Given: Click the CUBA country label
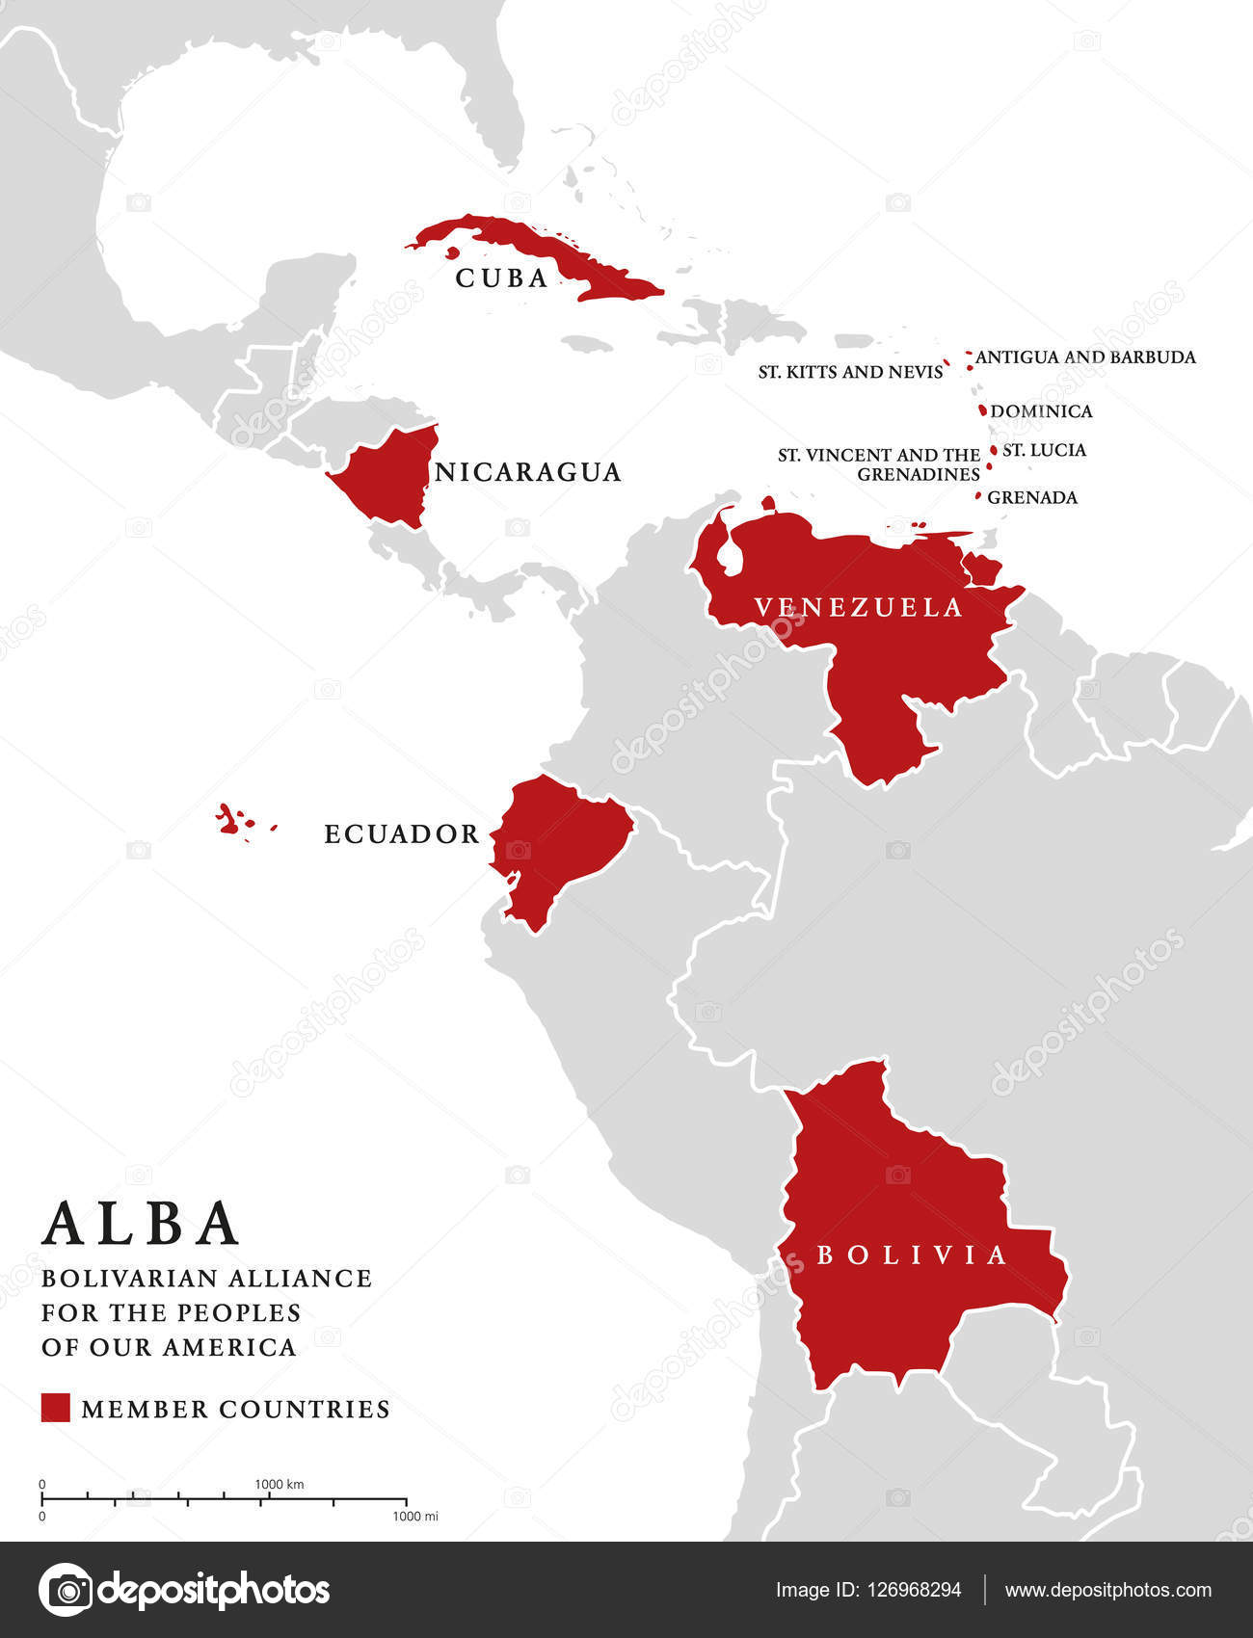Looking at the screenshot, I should pyautogui.click(x=502, y=278).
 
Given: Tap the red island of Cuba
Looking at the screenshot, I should pyautogui.click(x=540, y=249).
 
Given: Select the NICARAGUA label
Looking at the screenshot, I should pyautogui.click(x=528, y=472).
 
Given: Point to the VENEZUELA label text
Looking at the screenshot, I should pyautogui.click(x=858, y=607).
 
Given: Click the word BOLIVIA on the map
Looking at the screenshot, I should pyautogui.click(x=912, y=1255).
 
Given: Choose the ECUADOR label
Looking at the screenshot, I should pyautogui.click(x=402, y=834).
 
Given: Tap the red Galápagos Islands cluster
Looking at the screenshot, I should pyautogui.click(x=229, y=820).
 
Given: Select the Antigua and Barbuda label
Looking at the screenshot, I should pyautogui.click(x=1085, y=357).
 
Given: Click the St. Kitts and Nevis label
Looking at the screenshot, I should pyautogui.click(x=850, y=372).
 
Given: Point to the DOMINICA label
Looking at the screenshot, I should pyautogui.click(x=1041, y=411).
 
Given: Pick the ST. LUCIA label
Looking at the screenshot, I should pyautogui.click(x=1044, y=450).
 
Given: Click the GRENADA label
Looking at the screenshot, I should pyautogui.click(x=1032, y=497).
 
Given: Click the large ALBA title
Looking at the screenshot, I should pyautogui.click(x=141, y=1224).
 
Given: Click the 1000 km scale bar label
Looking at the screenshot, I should pyautogui.click(x=280, y=1484).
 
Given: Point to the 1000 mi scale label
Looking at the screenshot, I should pyautogui.click(x=415, y=1517).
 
